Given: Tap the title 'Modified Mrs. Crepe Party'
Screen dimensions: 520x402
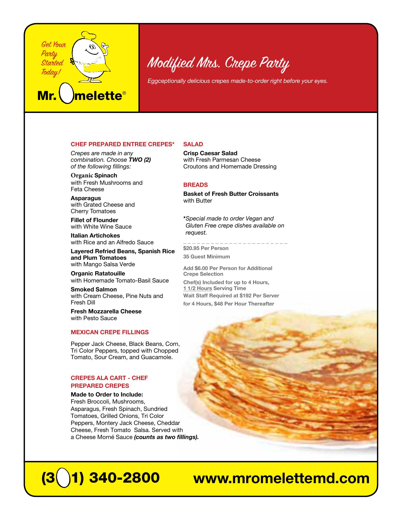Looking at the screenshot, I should [218, 63].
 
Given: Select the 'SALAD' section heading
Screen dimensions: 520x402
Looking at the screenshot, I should [193, 144].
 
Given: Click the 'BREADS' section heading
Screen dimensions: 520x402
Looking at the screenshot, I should [196, 185].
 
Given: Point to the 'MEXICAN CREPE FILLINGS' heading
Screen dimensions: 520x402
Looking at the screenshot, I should [110, 332].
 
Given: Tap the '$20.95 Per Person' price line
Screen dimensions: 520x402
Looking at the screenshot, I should [206, 248].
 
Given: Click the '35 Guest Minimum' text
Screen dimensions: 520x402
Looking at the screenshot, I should [206, 257].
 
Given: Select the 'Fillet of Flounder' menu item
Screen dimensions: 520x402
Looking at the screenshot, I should [95, 220].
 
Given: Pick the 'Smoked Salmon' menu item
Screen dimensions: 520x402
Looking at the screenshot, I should [94, 290].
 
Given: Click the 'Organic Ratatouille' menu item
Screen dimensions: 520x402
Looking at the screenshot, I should [98, 274].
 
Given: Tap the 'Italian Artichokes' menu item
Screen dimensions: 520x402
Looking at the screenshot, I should [95, 236].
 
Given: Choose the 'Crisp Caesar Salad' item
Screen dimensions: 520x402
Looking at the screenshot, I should [210, 153].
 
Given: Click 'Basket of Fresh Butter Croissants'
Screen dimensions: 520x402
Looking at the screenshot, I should [231, 194].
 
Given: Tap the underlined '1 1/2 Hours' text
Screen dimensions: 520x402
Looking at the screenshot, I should [197, 288].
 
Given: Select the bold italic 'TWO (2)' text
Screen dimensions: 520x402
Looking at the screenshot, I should [140, 160].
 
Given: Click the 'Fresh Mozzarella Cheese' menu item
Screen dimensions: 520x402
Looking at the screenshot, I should [106, 311].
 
